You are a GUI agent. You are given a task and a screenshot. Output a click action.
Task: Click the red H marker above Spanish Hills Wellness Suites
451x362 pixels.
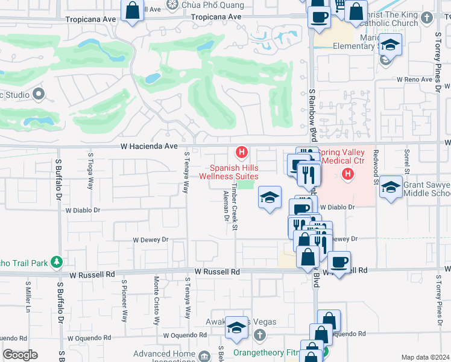tap(242, 151)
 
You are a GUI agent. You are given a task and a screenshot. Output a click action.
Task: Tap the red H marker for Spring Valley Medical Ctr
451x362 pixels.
tap(347, 175)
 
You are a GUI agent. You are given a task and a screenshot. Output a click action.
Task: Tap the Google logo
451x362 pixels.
tap(20, 355)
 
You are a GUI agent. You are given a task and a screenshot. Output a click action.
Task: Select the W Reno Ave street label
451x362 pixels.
tap(416, 80)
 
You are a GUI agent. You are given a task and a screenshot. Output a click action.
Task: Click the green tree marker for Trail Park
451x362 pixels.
tap(57, 262)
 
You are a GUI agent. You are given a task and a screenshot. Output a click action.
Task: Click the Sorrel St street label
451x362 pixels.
tap(408, 161)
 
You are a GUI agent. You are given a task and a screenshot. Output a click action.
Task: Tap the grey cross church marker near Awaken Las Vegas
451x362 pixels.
tap(259, 334)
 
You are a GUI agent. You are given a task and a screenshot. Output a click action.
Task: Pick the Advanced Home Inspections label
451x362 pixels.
tap(162, 357)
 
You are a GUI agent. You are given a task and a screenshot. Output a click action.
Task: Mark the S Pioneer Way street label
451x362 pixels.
tap(125, 300)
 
